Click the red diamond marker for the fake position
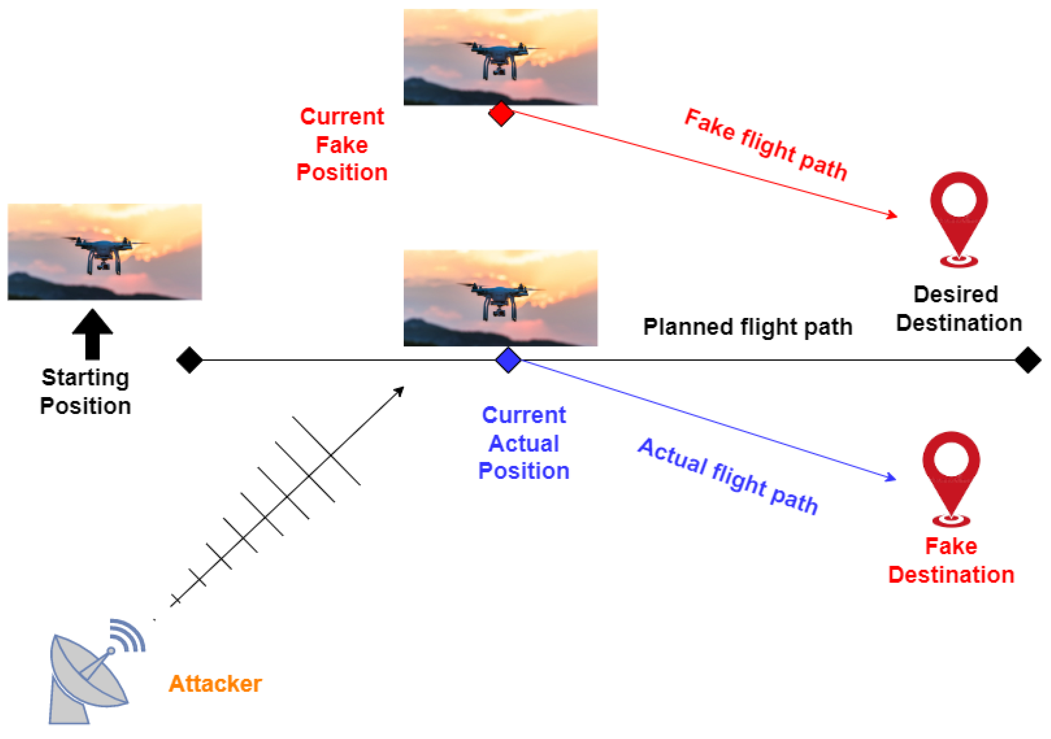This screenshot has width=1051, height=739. coord(501,114)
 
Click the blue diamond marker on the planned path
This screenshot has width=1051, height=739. coord(508,360)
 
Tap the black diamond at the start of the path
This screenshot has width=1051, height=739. coord(189,360)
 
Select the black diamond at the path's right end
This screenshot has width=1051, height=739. coord(1028,360)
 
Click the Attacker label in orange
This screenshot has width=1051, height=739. coord(215,684)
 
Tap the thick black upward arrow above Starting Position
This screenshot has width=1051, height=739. coord(92,334)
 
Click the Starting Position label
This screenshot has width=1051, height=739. coord(85,392)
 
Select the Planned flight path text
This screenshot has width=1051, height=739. coord(748,327)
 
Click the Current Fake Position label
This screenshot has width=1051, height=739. coord(342,144)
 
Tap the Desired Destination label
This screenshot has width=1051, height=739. coord(959,309)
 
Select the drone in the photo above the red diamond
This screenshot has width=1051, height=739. coord(500,60)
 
